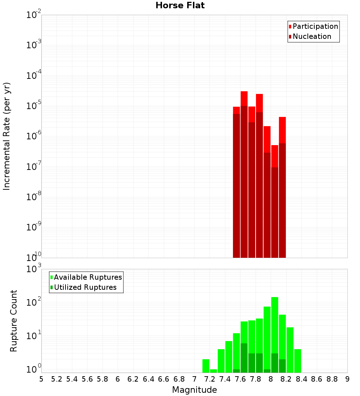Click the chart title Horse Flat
pos(180,5)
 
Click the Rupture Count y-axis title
pos(14,320)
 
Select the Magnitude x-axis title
pos(194,390)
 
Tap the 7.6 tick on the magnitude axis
pos(240,379)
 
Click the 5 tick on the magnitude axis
pos(41,379)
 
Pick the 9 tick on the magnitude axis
pos(347,379)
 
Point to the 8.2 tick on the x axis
pos(286,379)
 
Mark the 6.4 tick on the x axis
pos(148,379)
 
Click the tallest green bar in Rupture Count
pos(275,335)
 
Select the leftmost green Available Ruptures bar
pos(206,366)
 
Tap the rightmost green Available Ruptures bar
pos(298,361)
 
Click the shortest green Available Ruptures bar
pos(213,371)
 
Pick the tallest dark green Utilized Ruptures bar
pos(244,358)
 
